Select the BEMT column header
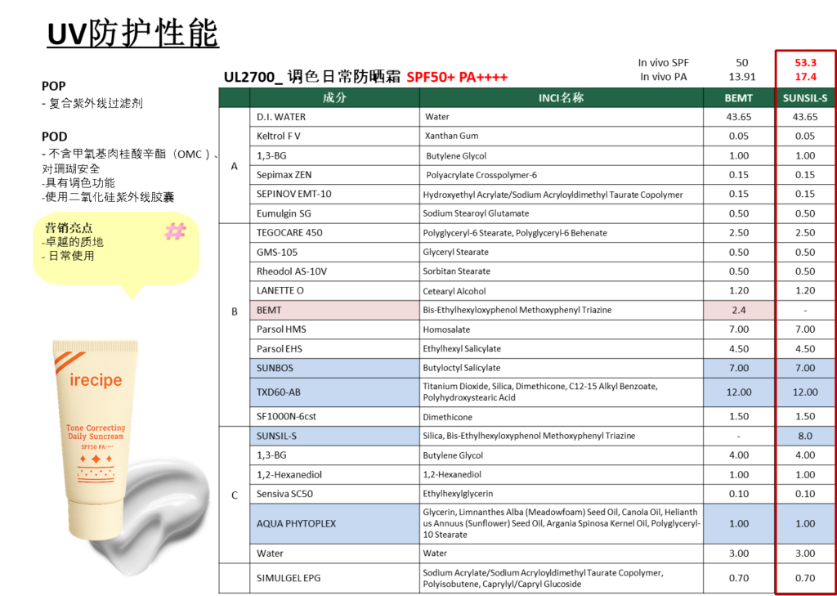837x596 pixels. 739,98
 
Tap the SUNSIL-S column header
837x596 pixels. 805,98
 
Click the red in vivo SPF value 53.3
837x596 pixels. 805,63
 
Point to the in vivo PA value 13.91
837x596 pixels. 742,77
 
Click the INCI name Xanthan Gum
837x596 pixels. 451,137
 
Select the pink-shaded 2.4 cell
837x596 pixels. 739,310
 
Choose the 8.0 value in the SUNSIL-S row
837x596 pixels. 805,436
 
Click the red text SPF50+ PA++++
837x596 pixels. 457,78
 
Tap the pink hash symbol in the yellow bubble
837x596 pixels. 175,231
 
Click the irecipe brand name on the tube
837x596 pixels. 96,380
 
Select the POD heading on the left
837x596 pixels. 55,137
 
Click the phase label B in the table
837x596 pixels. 235,311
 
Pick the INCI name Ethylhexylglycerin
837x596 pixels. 458,494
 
